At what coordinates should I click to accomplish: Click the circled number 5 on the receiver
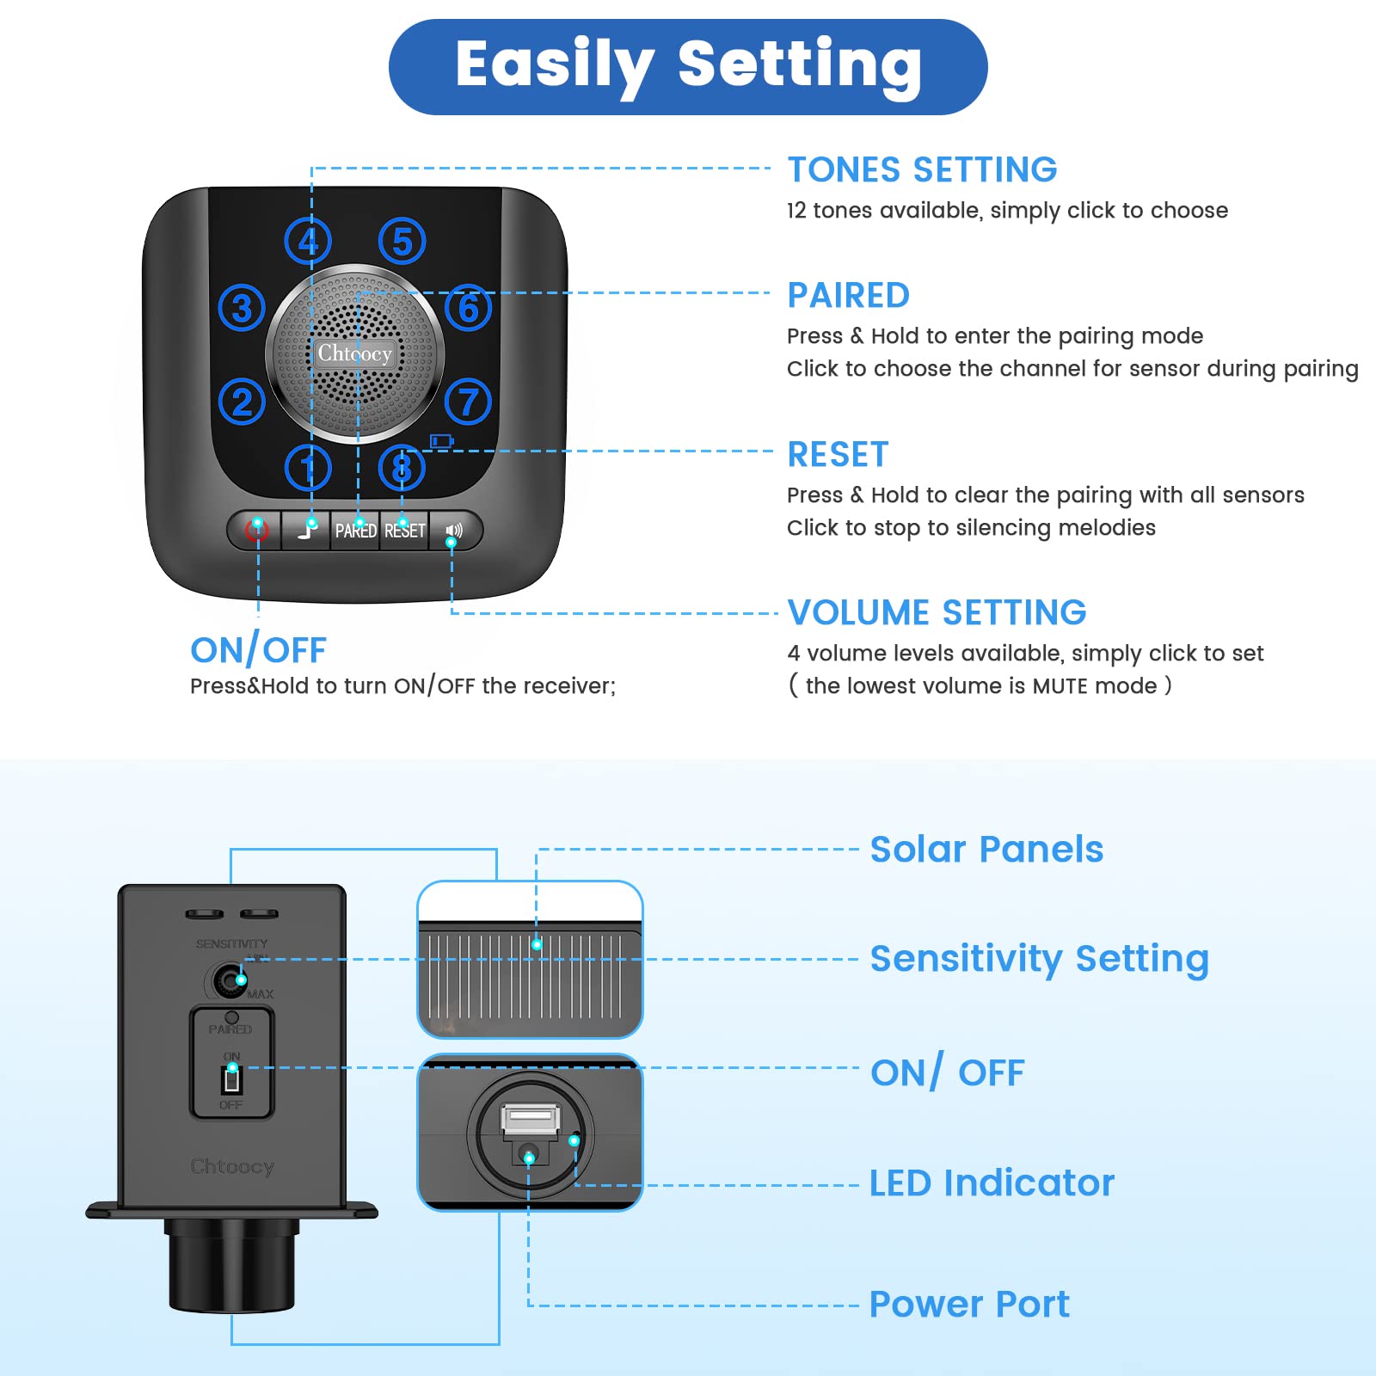pyautogui.click(x=402, y=242)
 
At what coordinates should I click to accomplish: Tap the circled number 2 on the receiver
pyautogui.click(x=242, y=402)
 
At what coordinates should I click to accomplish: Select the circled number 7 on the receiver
pyautogui.click(x=469, y=402)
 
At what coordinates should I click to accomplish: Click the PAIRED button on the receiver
pyautogui.click(x=355, y=531)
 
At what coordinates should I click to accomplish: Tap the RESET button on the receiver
pyautogui.click(x=404, y=531)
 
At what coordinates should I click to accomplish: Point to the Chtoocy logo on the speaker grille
pyautogui.click(x=354, y=353)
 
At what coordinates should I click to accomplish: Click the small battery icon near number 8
pyautogui.click(x=441, y=441)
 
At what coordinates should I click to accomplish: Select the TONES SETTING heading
pyautogui.click(x=922, y=169)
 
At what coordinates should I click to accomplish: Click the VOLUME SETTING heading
pyautogui.click(x=937, y=612)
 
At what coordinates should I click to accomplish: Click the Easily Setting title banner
pyautogui.click(x=688, y=66)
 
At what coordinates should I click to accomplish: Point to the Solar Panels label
pyautogui.click(x=986, y=850)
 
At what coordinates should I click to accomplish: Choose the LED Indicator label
pyautogui.click(x=992, y=1183)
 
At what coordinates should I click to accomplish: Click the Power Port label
pyautogui.click(x=969, y=1305)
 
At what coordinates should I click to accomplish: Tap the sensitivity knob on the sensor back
pyautogui.click(x=229, y=980)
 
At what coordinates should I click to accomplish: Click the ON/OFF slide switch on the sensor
pyautogui.click(x=231, y=1079)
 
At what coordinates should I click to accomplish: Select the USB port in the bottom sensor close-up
pyautogui.click(x=530, y=1119)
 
